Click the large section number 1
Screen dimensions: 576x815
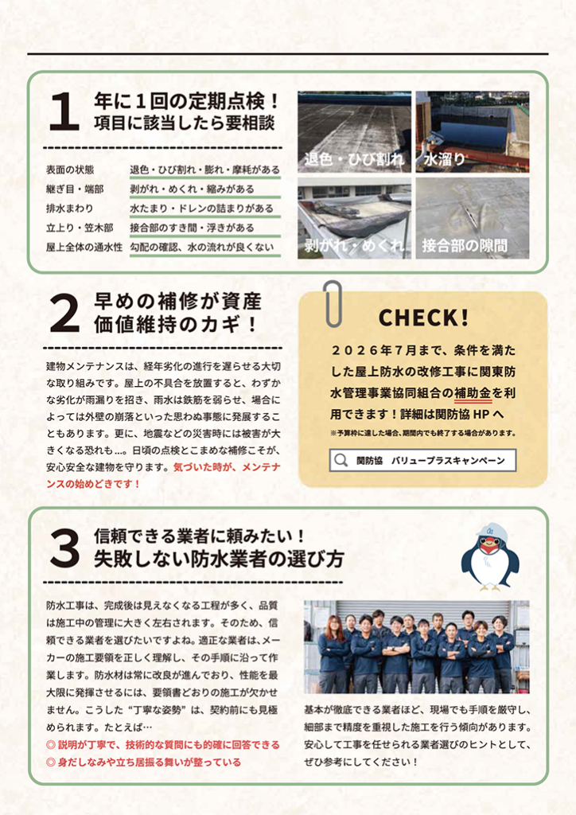pyautogui.click(x=64, y=111)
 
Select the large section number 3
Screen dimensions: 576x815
pyautogui.click(x=64, y=549)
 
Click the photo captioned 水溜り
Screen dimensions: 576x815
pyautogui.click(x=472, y=132)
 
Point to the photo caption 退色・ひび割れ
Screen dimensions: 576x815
pyautogui.click(x=354, y=159)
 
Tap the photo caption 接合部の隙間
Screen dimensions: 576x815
pyautogui.click(x=465, y=245)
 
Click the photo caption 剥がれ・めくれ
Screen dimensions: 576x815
pyautogui.click(x=354, y=245)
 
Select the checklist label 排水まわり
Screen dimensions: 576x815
pyautogui.click(x=70, y=209)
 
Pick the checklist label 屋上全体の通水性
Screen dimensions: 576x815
pyautogui.click(x=84, y=247)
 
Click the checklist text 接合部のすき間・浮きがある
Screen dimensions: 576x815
pyautogui.click(x=193, y=228)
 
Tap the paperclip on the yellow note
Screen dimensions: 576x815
pyautogui.click(x=333, y=303)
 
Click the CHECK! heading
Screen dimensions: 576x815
pyautogui.click(x=424, y=317)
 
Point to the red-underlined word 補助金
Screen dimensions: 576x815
pyautogui.click(x=473, y=392)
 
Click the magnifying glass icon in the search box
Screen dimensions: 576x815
pyautogui.click(x=341, y=461)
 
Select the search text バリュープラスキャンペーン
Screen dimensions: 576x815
pyautogui.click(x=448, y=461)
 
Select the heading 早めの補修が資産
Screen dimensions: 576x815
pyautogui.click(x=177, y=302)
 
